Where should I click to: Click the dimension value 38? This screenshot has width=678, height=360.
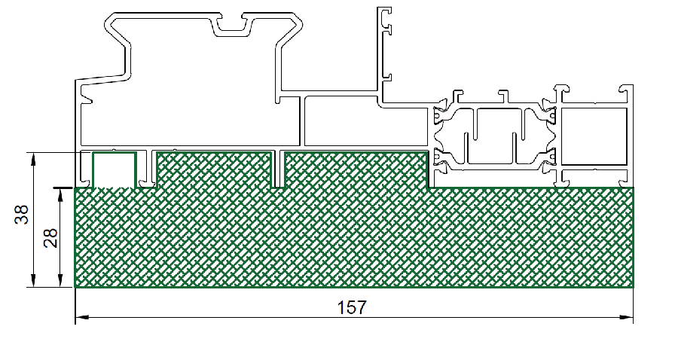pos(22,215)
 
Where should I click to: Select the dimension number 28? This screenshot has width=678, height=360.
pos(51,238)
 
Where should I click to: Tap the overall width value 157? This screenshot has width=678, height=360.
pos(352,307)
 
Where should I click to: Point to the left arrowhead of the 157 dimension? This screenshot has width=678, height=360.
pos(82,317)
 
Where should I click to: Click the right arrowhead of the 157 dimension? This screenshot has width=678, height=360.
pos(627,317)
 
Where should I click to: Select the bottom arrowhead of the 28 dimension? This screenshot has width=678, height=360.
pos(60,280)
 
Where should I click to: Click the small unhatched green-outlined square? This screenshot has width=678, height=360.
pos(115,153)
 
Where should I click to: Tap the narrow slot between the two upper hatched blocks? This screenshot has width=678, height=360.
pos(279,169)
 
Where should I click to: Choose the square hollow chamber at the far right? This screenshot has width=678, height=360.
pos(594,136)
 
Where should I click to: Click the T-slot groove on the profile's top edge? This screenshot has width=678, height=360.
pos(232,25)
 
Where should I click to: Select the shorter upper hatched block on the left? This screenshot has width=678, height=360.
pos(215,170)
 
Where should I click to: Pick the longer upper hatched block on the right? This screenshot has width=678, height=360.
pos(356,170)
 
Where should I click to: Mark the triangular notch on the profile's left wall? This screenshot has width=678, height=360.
pos(87,95)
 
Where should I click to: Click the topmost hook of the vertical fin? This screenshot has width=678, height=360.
pos(387,11)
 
